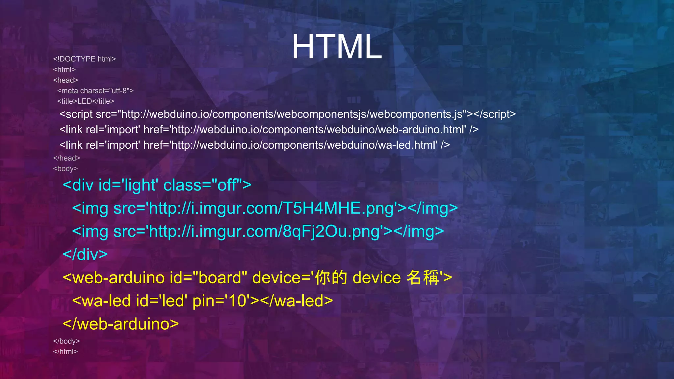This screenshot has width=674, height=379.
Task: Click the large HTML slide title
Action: click(336, 47)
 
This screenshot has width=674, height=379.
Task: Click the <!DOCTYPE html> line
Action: click(85, 59)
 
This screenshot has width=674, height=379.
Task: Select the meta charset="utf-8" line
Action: click(95, 91)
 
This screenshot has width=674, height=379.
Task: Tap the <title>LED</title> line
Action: click(86, 101)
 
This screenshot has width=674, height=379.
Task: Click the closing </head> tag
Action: click(67, 158)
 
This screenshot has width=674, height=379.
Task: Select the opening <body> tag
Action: click(65, 169)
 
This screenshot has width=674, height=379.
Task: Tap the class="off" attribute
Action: click(203, 185)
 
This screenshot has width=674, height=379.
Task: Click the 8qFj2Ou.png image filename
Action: click(331, 231)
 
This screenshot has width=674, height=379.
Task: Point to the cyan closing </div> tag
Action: click(85, 254)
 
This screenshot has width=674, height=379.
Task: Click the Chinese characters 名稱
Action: click(423, 277)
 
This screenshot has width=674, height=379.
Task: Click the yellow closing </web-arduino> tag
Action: click(121, 324)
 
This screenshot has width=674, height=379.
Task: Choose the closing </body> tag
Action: click(66, 341)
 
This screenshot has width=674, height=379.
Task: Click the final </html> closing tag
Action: click(65, 352)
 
